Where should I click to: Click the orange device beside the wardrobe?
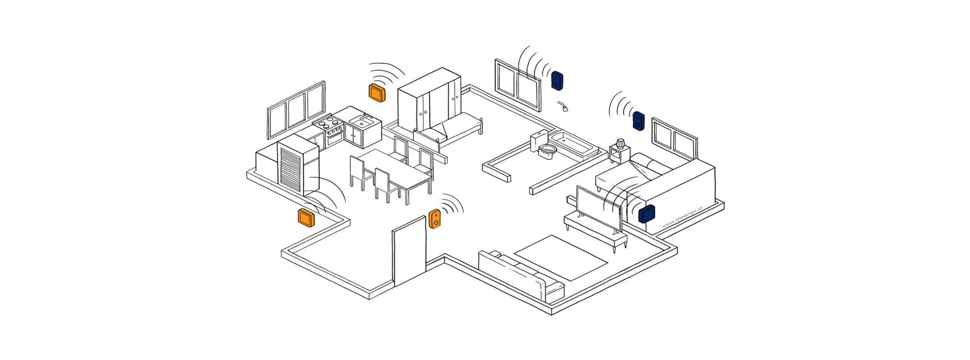point(377,92)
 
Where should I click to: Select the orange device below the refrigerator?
point(306,218)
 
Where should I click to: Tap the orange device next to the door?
point(435,219)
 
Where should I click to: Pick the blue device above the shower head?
point(557,81)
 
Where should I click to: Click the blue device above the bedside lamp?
point(638,121)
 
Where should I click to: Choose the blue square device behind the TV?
point(647,213)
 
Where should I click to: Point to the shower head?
point(564,107)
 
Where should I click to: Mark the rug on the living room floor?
point(560,258)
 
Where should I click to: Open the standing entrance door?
point(409,252)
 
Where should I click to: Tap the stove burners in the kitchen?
point(327,121)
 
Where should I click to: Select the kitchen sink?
point(361,121)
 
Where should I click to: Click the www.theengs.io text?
point(681,217)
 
